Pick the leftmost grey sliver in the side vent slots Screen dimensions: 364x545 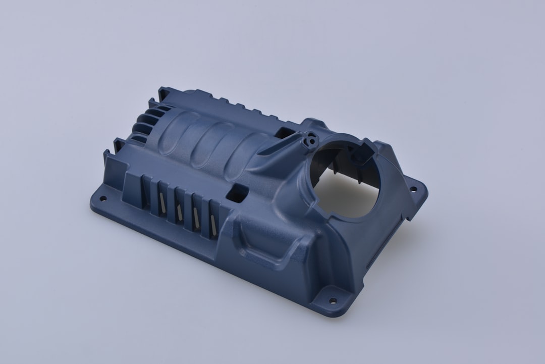(x=161, y=202)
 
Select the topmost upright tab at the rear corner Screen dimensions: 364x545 (x=163, y=94)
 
